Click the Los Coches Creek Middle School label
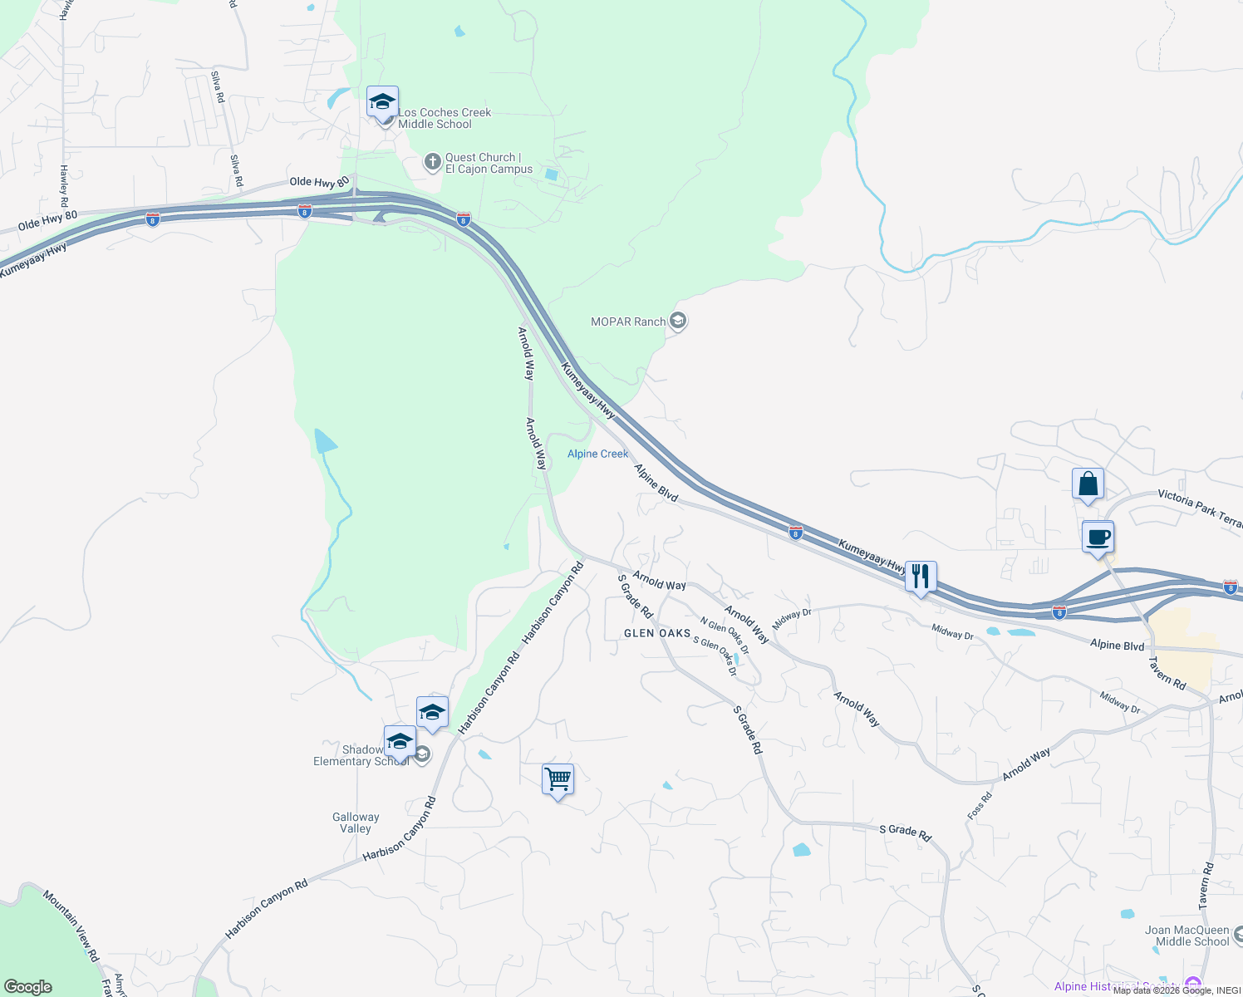[x=445, y=119]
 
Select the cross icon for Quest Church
[x=432, y=162]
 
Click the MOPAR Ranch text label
[x=628, y=322]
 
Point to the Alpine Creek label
[x=598, y=454]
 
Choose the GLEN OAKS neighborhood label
[x=657, y=633]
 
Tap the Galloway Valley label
[x=356, y=823]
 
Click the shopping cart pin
[x=558, y=780]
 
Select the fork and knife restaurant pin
[x=921, y=577]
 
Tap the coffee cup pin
[x=1098, y=538]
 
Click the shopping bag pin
[x=1088, y=484]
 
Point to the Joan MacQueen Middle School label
[x=1186, y=936]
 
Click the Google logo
[x=28, y=987]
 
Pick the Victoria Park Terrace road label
[x=1200, y=508]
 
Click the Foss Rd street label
[x=980, y=807]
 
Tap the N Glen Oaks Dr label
[x=725, y=636]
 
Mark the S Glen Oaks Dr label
[x=715, y=656]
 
